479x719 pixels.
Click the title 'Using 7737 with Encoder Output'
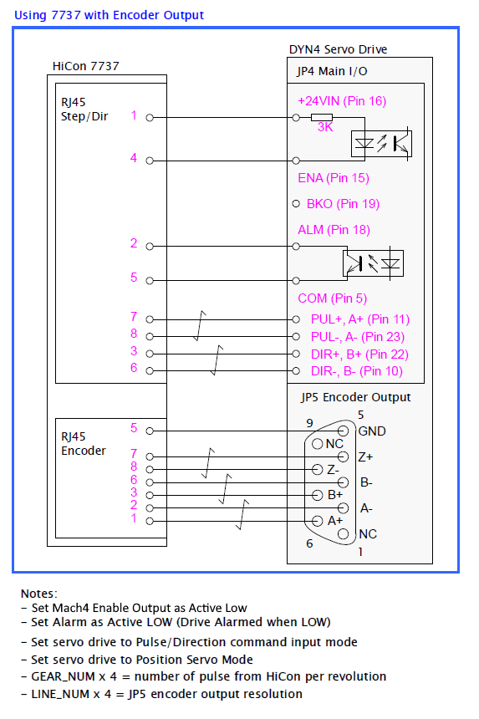[110, 15]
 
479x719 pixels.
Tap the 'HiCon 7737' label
[86, 66]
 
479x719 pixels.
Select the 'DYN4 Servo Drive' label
[338, 49]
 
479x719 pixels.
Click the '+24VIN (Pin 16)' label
[342, 101]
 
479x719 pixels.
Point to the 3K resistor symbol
[321, 117]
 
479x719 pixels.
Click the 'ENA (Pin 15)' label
[334, 178]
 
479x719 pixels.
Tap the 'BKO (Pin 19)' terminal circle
[296, 204]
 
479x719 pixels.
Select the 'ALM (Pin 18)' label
[334, 230]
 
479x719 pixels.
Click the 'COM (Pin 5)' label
[333, 298]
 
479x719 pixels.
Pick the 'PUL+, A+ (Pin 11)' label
[359, 319]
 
